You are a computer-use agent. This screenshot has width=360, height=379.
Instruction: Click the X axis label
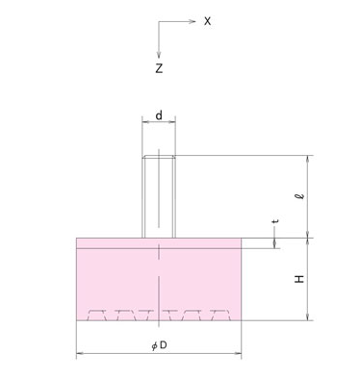(208, 21)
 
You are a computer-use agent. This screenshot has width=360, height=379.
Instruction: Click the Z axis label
(159, 68)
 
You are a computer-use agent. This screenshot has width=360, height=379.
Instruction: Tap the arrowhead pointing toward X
(192, 21)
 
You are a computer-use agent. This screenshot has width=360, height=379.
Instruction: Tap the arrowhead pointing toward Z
(159, 55)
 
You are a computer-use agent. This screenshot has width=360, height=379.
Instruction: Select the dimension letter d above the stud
(159, 114)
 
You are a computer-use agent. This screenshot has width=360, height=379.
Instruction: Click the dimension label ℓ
(299, 195)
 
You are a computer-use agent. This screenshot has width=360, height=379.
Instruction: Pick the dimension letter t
(275, 221)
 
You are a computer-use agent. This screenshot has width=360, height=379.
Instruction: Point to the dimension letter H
(299, 279)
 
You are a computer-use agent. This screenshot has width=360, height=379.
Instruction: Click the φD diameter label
(159, 345)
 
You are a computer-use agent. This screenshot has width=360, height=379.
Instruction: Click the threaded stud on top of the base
(159, 196)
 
